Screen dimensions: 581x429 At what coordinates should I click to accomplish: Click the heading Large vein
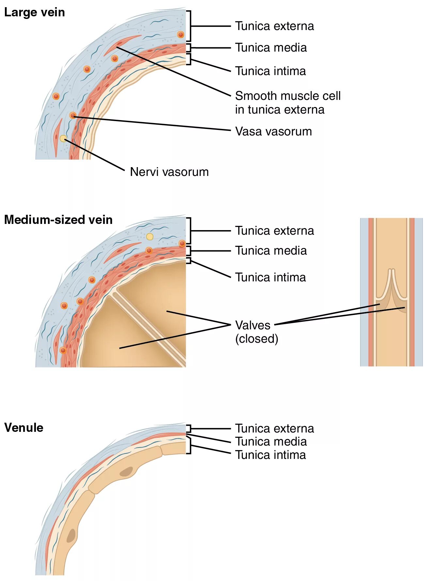(34, 12)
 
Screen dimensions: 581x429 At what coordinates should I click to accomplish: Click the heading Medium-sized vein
(58, 220)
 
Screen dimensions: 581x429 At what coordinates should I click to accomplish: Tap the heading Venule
(24, 428)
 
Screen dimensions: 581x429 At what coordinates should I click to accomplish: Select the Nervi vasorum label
(169, 172)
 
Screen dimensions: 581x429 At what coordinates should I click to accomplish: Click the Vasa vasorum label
(273, 131)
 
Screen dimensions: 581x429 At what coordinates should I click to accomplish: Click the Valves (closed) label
(256, 332)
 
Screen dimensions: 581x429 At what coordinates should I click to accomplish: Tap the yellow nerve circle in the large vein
(63, 138)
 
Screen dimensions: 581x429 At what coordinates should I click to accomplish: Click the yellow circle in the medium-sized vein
(150, 237)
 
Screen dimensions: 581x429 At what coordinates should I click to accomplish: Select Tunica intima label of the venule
(270, 455)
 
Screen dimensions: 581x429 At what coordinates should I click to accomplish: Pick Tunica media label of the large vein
(271, 48)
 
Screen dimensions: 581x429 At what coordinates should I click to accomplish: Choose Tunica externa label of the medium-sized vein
(274, 230)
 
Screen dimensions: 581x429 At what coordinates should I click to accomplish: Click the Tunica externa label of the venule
(274, 428)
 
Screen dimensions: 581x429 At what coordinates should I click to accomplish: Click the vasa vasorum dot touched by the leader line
(73, 115)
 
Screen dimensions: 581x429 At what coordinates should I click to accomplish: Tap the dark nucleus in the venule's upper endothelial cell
(126, 472)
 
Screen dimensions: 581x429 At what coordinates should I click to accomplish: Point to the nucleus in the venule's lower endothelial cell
(71, 535)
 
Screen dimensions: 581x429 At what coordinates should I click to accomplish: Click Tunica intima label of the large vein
(270, 71)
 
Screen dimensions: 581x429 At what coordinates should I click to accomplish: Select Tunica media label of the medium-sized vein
(271, 251)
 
